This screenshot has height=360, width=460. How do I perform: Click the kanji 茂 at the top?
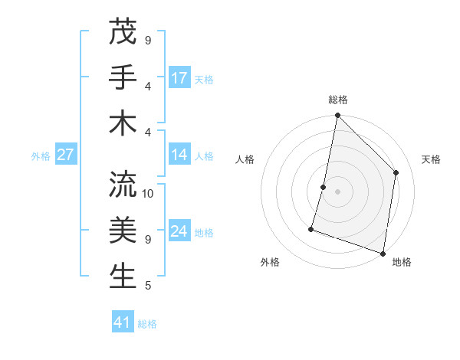click(123, 33)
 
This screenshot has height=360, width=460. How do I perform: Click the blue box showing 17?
click(179, 78)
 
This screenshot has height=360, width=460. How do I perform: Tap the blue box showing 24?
click(179, 232)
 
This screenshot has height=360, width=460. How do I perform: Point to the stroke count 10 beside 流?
click(149, 193)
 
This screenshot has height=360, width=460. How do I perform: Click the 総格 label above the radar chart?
click(338, 100)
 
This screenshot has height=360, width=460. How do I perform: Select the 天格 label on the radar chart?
click(431, 159)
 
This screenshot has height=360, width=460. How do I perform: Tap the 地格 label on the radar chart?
click(402, 262)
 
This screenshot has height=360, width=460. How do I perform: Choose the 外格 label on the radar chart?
click(270, 262)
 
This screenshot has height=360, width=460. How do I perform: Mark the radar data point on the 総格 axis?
click(337, 116)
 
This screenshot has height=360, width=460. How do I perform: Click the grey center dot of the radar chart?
click(337, 191)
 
